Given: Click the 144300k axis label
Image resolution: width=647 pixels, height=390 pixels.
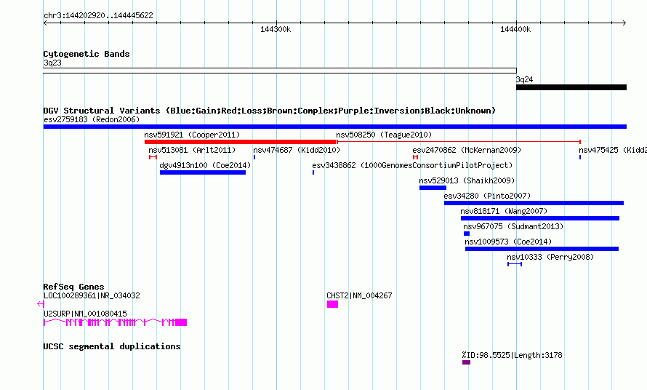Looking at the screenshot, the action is pos(276,29).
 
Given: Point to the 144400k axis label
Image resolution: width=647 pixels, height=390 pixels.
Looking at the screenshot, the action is pos(515,29).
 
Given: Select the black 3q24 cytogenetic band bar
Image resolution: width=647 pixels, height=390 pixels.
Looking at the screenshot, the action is pos(571,87).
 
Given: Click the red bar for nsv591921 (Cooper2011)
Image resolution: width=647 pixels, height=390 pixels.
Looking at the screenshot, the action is pos(240,142).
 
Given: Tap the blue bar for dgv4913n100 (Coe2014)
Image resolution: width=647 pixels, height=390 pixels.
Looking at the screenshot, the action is pos(203,172).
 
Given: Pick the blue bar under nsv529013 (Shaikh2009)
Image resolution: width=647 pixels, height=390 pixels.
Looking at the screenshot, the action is pos(433,188).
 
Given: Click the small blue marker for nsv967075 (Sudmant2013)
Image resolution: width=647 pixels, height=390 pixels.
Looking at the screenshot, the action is pos(467,234).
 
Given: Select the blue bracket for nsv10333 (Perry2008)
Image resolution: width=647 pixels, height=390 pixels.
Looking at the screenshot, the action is pos(515,264).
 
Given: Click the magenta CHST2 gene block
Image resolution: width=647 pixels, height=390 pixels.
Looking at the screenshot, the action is pos(332,304).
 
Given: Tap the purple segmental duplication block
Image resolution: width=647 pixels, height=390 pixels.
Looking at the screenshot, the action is pos(466,362).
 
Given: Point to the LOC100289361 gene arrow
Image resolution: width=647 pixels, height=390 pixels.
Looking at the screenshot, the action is pos(41,304).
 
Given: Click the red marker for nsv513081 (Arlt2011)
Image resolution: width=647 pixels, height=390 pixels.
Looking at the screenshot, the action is pos(153,157).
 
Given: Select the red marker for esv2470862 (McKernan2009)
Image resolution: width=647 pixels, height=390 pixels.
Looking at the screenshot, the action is pos(416,157).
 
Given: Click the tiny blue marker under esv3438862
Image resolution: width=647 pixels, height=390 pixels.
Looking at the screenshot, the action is pos(313,172).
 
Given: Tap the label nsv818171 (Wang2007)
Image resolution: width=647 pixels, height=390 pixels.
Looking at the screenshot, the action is pos(504,211).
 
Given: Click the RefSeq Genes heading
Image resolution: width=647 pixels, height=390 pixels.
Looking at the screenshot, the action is pos(74,287).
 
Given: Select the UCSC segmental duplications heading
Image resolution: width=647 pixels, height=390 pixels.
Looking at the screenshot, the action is pos(112,346).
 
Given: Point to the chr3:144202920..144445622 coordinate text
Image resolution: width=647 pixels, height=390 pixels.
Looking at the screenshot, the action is pos(98,15).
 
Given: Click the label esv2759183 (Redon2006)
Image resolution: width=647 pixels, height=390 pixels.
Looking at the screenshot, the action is pos(92,119).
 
